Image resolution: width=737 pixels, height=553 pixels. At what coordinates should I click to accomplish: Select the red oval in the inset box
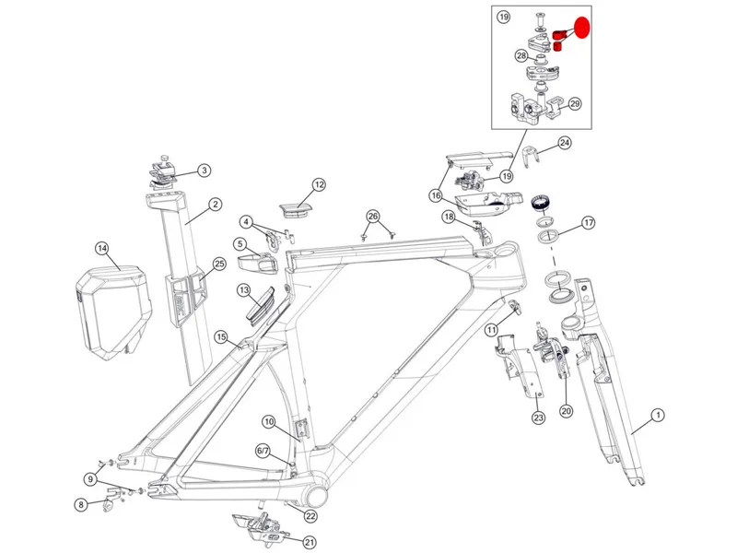click(x=580, y=26)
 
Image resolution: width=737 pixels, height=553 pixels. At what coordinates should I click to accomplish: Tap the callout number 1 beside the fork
click(x=658, y=416)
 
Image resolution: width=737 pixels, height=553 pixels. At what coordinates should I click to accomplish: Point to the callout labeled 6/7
click(x=263, y=451)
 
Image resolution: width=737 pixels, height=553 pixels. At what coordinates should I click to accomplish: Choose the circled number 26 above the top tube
click(x=372, y=217)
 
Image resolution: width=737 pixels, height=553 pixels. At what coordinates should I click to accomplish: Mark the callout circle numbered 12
click(x=318, y=184)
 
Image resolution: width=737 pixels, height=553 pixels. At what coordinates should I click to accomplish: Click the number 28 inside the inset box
click(x=521, y=56)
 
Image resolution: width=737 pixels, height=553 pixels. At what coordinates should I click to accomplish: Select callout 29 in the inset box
click(x=575, y=104)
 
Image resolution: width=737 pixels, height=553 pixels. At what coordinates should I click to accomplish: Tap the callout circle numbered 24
click(x=565, y=143)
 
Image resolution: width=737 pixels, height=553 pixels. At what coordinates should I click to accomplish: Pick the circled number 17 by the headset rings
click(x=588, y=222)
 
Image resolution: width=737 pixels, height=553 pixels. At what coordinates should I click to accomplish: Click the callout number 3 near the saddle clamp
click(x=204, y=170)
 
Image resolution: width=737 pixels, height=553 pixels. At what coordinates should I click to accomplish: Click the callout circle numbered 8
click(x=81, y=504)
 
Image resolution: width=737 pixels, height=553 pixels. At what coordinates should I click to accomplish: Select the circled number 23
click(x=538, y=418)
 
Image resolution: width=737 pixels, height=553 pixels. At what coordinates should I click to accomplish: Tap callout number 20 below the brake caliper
click(x=566, y=411)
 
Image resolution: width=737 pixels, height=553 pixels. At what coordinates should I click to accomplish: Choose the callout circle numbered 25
click(x=219, y=264)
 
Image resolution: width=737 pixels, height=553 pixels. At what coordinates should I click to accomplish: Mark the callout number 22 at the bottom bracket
click(x=310, y=516)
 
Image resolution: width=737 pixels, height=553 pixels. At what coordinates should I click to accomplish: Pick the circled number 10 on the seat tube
click(x=268, y=421)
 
